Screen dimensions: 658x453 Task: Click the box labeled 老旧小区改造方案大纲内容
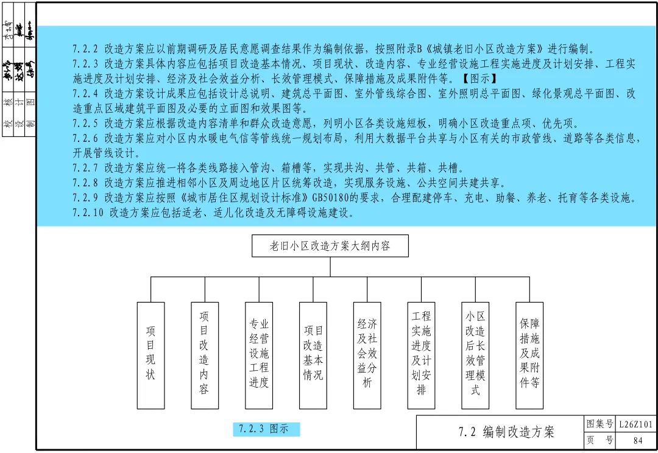coord(330,246)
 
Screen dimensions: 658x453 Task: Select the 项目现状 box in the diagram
coord(150,355)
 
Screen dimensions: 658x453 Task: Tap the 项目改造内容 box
coord(205,355)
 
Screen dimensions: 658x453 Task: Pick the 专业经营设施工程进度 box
coord(259,355)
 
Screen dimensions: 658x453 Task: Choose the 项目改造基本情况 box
coord(313,355)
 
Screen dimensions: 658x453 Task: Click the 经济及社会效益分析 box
coord(367,355)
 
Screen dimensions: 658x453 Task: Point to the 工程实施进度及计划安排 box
coord(422,355)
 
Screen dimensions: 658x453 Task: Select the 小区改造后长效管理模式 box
coord(476,355)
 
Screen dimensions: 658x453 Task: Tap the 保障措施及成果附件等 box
coord(529,355)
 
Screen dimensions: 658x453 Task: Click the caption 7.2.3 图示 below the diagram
coord(266,429)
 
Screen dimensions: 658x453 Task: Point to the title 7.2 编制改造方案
coord(506,432)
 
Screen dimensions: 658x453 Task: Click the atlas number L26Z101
coord(635,424)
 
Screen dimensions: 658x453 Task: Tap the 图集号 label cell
coord(600,424)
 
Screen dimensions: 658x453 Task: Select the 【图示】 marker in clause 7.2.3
coord(478,79)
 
